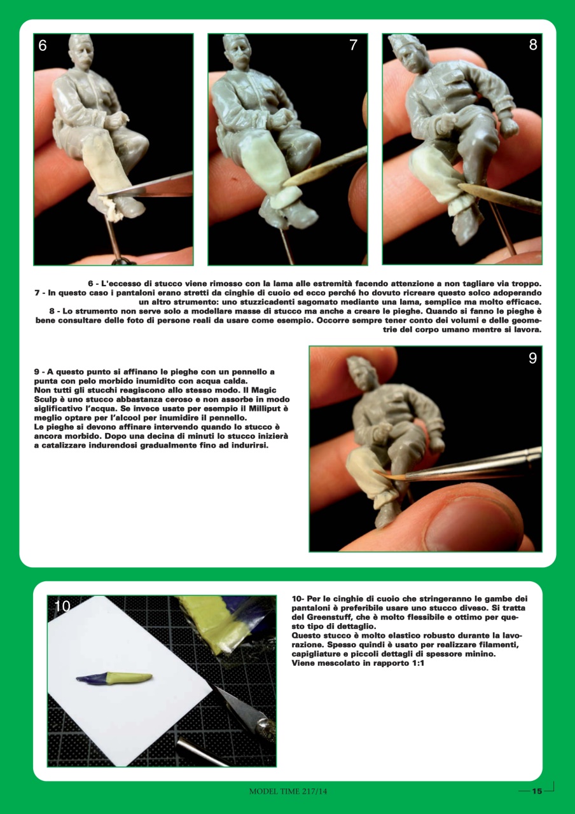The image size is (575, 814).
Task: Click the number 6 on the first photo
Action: (x=43, y=45)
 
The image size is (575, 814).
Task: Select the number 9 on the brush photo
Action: (x=532, y=358)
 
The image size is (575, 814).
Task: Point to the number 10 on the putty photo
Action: (x=62, y=607)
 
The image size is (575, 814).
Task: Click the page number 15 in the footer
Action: (x=536, y=791)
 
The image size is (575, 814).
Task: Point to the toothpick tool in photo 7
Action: (x=324, y=166)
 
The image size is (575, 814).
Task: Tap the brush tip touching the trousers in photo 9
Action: (x=382, y=473)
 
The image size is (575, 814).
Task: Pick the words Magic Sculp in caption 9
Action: (x=268, y=389)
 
